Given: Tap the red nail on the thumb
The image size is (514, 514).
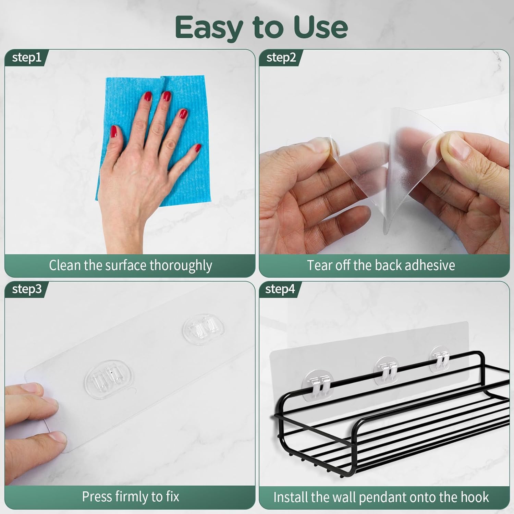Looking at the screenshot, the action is point(114,132).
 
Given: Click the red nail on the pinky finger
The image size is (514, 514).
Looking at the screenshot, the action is point(197,148).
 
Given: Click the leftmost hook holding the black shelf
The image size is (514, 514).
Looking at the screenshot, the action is point(319,382).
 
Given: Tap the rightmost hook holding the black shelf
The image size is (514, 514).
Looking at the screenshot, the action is point(440,358).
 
